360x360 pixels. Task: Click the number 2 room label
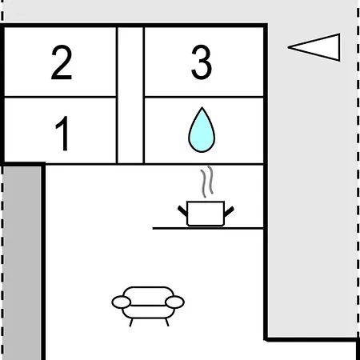(62, 62)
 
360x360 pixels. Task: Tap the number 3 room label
(202, 62)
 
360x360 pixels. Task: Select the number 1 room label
(62, 134)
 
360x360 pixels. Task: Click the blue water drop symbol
(202, 130)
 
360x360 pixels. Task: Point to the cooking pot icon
(206, 214)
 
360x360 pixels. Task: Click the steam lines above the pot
(207, 182)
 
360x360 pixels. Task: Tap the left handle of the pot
(182, 211)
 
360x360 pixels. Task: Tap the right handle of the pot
(229, 211)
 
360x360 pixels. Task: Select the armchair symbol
(148, 306)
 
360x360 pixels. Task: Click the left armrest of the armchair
(122, 302)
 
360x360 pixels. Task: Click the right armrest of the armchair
(174, 302)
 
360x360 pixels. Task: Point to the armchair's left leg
(131, 322)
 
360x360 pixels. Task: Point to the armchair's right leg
(167, 322)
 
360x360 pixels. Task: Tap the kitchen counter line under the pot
(208, 228)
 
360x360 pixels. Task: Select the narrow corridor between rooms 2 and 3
(130, 95)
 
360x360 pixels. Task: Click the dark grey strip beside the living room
(22, 263)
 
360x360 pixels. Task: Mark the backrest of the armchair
(148, 295)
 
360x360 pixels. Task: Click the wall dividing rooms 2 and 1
(60, 97)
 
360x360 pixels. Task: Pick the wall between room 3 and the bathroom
(204, 97)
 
